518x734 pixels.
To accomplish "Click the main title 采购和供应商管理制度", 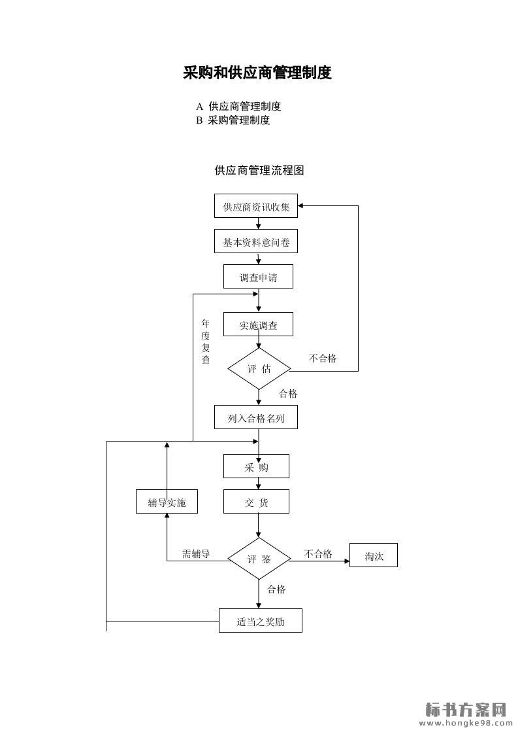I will [x=257, y=73].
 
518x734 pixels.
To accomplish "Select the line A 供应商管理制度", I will [x=238, y=107].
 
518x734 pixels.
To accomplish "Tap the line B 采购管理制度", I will [x=233, y=120].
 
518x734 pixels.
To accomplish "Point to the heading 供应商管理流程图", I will [x=259, y=170].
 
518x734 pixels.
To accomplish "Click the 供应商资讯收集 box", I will [x=256, y=206].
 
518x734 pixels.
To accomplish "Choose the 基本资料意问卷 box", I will [x=256, y=241].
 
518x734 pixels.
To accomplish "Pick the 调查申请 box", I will [x=258, y=277].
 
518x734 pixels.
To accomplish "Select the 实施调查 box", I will [x=258, y=324].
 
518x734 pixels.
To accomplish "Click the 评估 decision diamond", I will [x=259, y=368].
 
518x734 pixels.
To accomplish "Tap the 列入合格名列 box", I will [x=256, y=417].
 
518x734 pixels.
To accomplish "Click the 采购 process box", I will [x=256, y=466].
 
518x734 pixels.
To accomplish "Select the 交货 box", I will [x=256, y=502].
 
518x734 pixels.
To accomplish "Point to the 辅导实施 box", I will [x=167, y=502].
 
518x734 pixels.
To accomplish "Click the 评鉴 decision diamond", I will [x=259, y=559].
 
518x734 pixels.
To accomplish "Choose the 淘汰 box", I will [x=374, y=555].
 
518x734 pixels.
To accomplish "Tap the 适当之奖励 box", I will [x=260, y=620].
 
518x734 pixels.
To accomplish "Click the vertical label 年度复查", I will [x=206, y=341].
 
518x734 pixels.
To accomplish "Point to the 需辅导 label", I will [x=196, y=553].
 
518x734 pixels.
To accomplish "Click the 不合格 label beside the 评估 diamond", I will [x=323, y=358].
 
